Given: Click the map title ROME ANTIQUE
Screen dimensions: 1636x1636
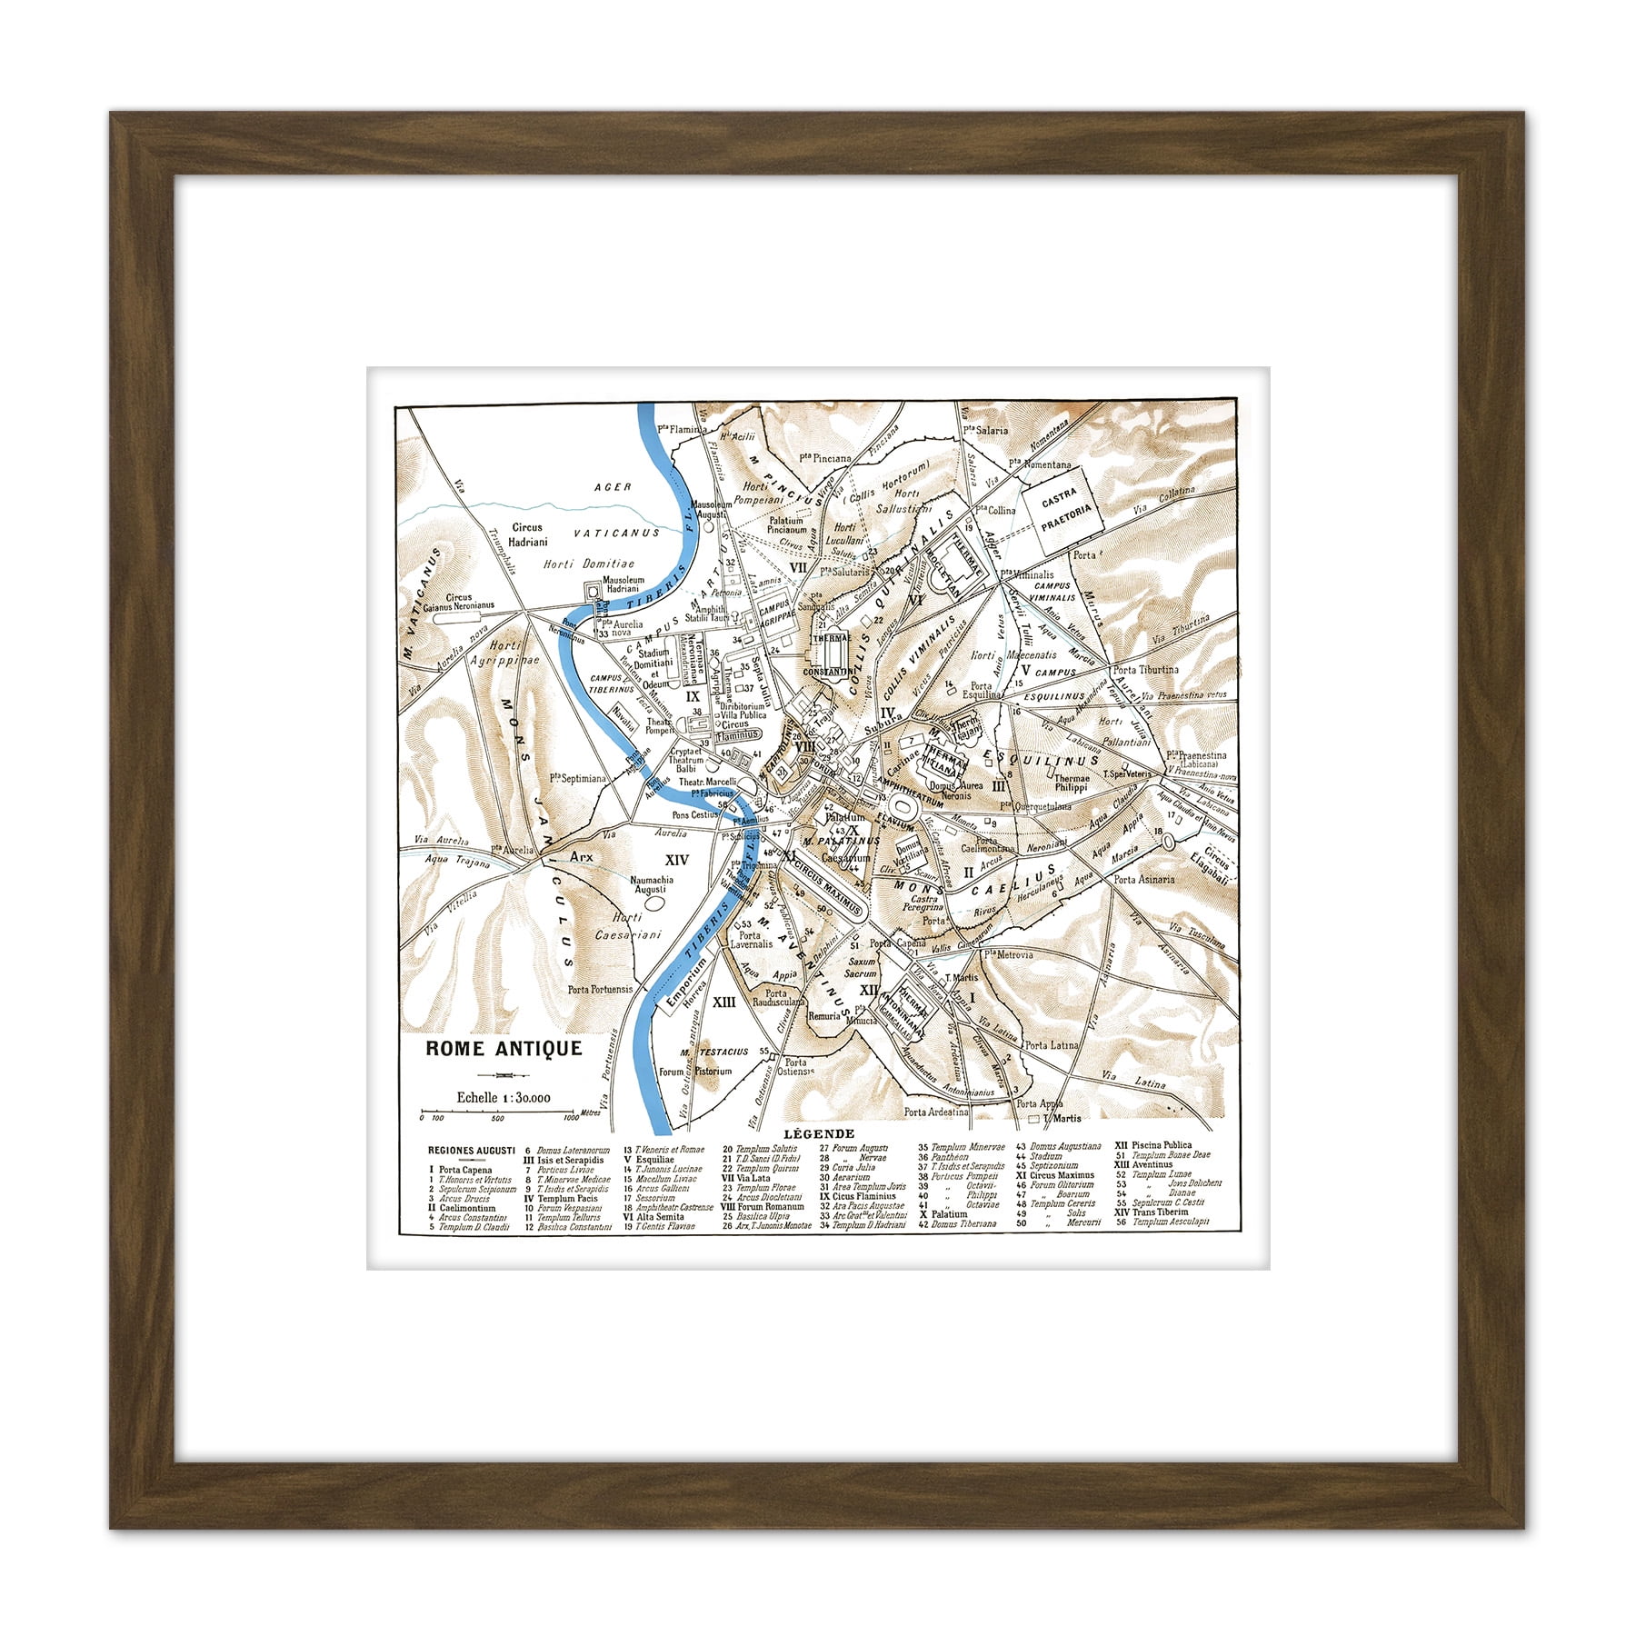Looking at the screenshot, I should point(504,1048).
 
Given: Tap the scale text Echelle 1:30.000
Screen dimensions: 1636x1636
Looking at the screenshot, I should point(504,1097).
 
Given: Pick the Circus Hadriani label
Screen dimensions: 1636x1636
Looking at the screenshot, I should point(527,534).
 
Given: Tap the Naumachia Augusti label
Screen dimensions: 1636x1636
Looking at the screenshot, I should point(651,884).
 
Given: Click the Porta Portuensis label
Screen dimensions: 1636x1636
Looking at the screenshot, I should point(600,989).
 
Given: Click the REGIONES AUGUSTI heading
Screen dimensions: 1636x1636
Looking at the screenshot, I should point(472,1150).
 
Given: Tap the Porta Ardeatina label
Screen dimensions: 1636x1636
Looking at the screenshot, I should point(936,1112).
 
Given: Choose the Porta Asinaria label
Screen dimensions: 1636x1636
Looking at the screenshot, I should point(1144,879).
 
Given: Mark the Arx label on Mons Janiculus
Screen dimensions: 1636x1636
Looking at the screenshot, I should point(581,856).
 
